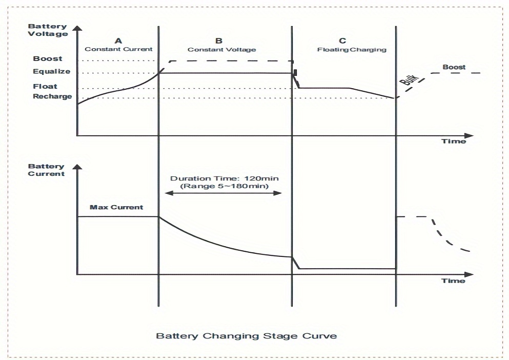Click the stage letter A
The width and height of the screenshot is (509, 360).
pyautogui.click(x=118, y=41)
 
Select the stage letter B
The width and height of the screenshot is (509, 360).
pyautogui.click(x=219, y=41)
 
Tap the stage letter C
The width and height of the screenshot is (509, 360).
pyautogui.click(x=342, y=41)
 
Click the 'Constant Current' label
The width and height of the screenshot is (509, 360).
pyautogui.click(x=118, y=49)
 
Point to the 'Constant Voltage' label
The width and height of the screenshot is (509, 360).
pyautogui.click(x=221, y=50)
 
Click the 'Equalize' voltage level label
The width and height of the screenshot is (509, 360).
pyautogui.click(x=51, y=72)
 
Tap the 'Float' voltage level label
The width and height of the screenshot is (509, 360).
pyautogui.click(x=45, y=86)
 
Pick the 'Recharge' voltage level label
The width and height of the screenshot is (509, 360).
pyautogui.click(x=52, y=96)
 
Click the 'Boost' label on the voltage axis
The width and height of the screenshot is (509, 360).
pyautogui.click(x=48, y=59)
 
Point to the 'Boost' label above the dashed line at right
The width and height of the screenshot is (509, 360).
pyautogui.click(x=454, y=67)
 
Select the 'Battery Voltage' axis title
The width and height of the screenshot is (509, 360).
pyautogui.click(x=48, y=30)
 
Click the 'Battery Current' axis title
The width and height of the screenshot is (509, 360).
pyautogui.click(x=46, y=170)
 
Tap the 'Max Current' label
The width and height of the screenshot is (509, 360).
pyautogui.click(x=116, y=208)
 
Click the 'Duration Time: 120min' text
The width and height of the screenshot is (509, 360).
pyautogui.click(x=225, y=178)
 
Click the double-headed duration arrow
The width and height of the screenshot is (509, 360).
pyautogui.click(x=223, y=193)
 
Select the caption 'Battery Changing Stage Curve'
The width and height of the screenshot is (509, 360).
pyautogui.click(x=247, y=336)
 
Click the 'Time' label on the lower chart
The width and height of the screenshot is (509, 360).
pyautogui.click(x=454, y=281)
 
